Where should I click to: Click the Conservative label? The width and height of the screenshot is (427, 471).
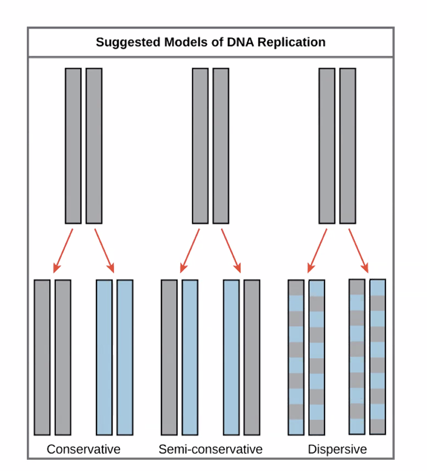click(84, 450)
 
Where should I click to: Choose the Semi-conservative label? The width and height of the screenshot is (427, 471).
click(210, 450)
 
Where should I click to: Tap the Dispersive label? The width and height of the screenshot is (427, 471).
click(337, 450)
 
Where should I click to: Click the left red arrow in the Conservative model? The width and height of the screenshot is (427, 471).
click(64, 250)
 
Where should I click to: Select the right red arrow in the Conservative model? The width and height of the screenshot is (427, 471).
click(104, 250)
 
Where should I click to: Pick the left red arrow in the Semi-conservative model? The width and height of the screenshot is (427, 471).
click(190, 250)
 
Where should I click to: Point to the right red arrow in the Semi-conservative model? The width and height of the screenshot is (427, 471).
click(231, 250)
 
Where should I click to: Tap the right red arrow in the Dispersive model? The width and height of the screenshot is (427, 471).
click(358, 250)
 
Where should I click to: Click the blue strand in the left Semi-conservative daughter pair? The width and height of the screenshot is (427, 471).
click(190, 357)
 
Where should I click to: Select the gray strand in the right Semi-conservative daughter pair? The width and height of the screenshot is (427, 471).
click(252, 357)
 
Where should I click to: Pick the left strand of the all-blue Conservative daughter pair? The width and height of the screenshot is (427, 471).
click(104, 357)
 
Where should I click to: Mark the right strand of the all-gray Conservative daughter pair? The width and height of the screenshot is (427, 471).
click(63, 357)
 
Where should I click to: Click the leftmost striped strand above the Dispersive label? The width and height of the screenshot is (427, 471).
click(296, 357)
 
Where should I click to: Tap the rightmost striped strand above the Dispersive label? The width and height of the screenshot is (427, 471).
click(378, 357)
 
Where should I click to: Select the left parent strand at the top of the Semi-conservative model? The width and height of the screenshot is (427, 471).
click(200, 145)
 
